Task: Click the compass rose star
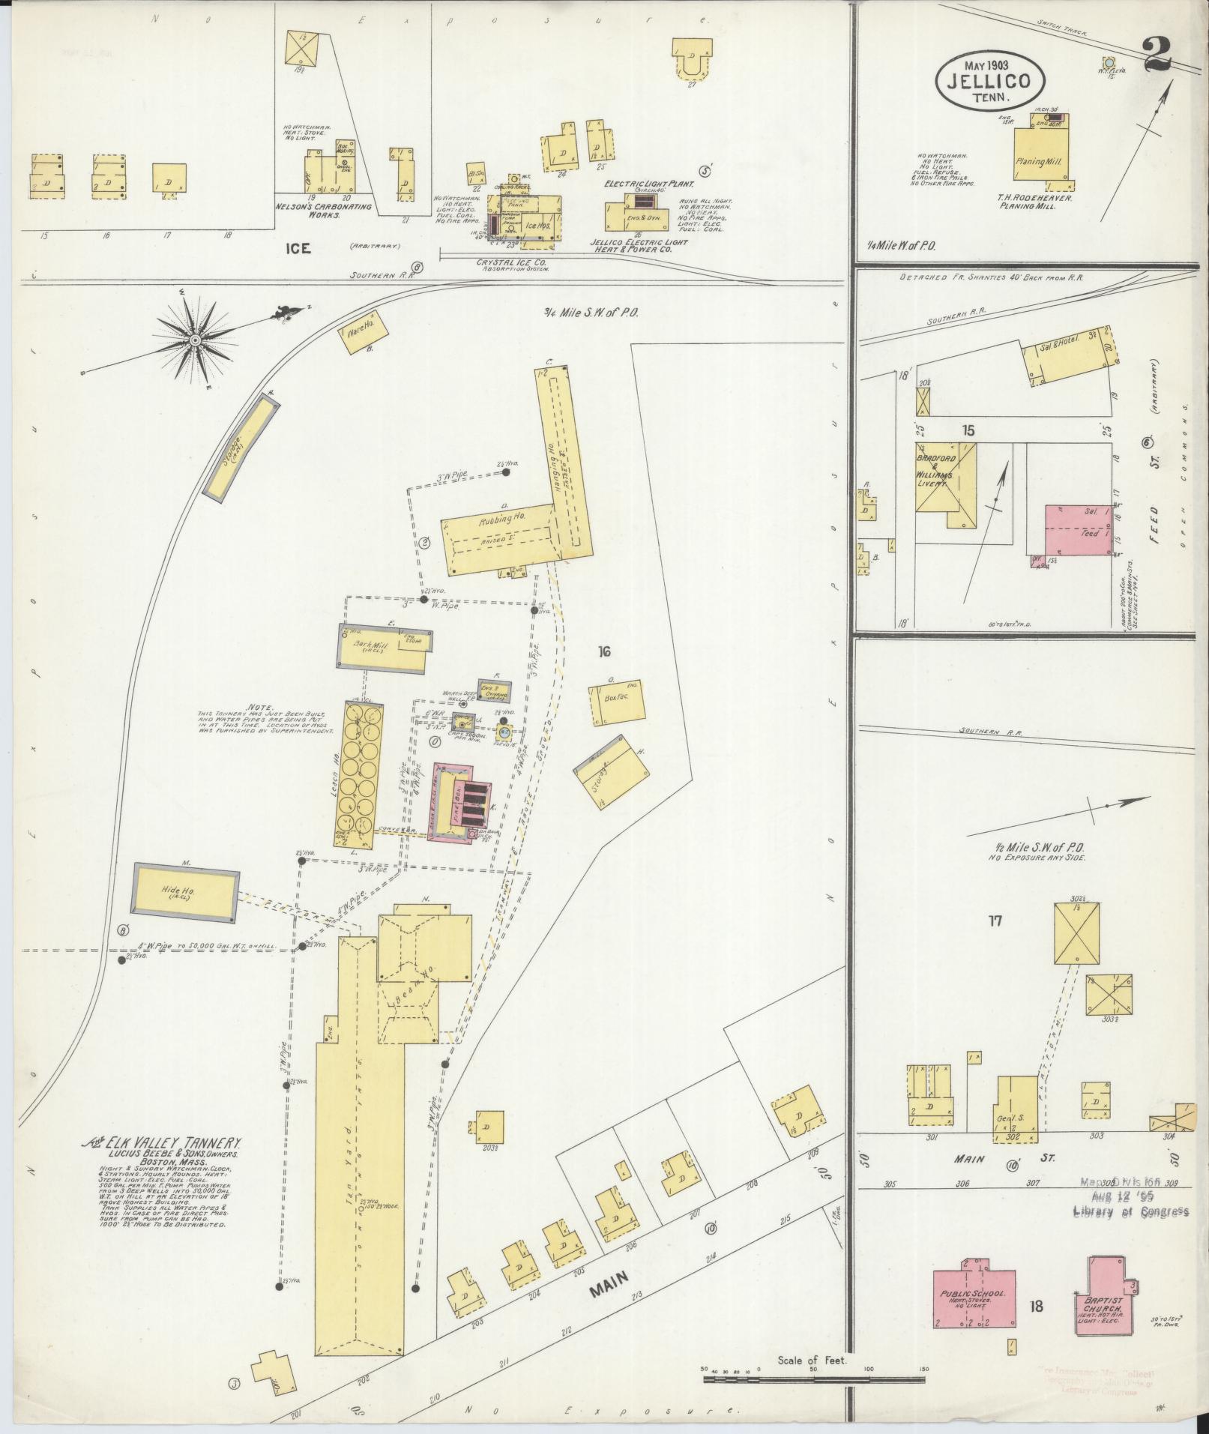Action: (196, 341)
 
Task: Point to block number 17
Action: (995, 921)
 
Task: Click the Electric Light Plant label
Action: (651, 182)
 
